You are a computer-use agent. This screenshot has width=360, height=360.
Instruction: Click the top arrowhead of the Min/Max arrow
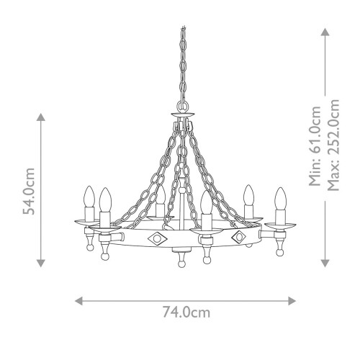(x=325, y=32)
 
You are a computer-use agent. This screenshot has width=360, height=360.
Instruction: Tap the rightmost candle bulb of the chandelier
(x=279, y=197)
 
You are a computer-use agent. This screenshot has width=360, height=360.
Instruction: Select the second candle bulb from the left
(x=106, y=199)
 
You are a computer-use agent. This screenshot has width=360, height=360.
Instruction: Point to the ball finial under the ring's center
(x=180, y=261)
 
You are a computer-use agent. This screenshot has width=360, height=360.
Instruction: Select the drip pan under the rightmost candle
(x=280, y=225)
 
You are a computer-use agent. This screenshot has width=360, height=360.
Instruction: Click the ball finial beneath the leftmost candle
(x=89, y=246)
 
